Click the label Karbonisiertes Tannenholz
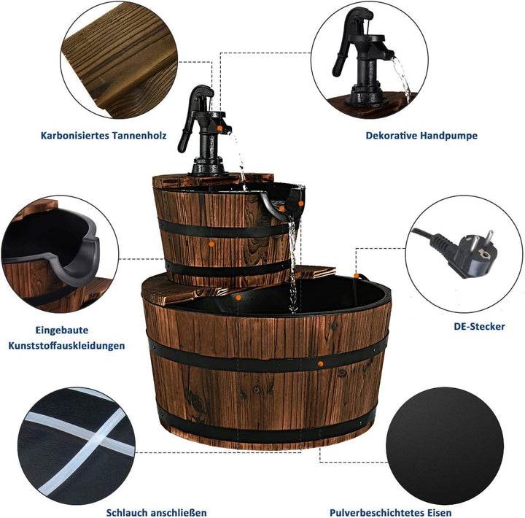[104, 136]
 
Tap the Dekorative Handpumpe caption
[421, 136]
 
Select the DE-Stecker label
[480, 326]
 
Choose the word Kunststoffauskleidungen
[66, 345]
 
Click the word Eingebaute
[62, 330]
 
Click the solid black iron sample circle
[445, 446]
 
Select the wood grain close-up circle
[119, 60]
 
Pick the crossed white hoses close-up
[77, 446]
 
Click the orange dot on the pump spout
[219, 128]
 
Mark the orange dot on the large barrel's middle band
[320, 363]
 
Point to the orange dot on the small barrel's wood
[211, 244]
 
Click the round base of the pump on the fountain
[209, 167]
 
